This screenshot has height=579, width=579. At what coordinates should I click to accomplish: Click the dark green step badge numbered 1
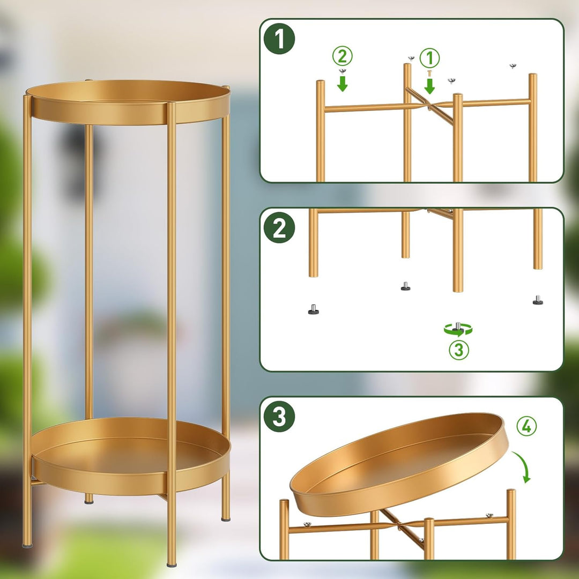click(279, 39)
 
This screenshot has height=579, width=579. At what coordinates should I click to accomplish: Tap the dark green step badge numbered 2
click(279, 227)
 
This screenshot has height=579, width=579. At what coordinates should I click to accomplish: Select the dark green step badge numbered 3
click(279, 416)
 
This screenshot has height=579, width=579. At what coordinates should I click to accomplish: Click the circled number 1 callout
click(429, 58)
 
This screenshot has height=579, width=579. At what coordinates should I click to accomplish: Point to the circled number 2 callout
click(342, 56)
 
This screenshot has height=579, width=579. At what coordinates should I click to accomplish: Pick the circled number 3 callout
click(459, 350)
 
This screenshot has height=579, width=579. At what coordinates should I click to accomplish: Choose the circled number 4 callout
click(526, 426)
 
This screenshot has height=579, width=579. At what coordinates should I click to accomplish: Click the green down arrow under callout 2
click(342, 84)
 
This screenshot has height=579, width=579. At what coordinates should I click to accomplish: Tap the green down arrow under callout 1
click(429, 86)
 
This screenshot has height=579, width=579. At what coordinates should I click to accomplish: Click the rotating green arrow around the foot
click(458, 329)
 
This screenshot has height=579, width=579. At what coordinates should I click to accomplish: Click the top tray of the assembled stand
click(128, 102)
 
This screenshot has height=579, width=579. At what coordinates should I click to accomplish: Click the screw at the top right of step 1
click(513, 66)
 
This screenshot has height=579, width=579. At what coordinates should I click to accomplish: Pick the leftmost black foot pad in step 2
click(314, 309)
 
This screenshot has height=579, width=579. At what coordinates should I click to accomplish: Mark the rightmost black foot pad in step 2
click(538, 300)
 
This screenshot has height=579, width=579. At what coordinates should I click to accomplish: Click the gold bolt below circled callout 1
click(429, 73)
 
